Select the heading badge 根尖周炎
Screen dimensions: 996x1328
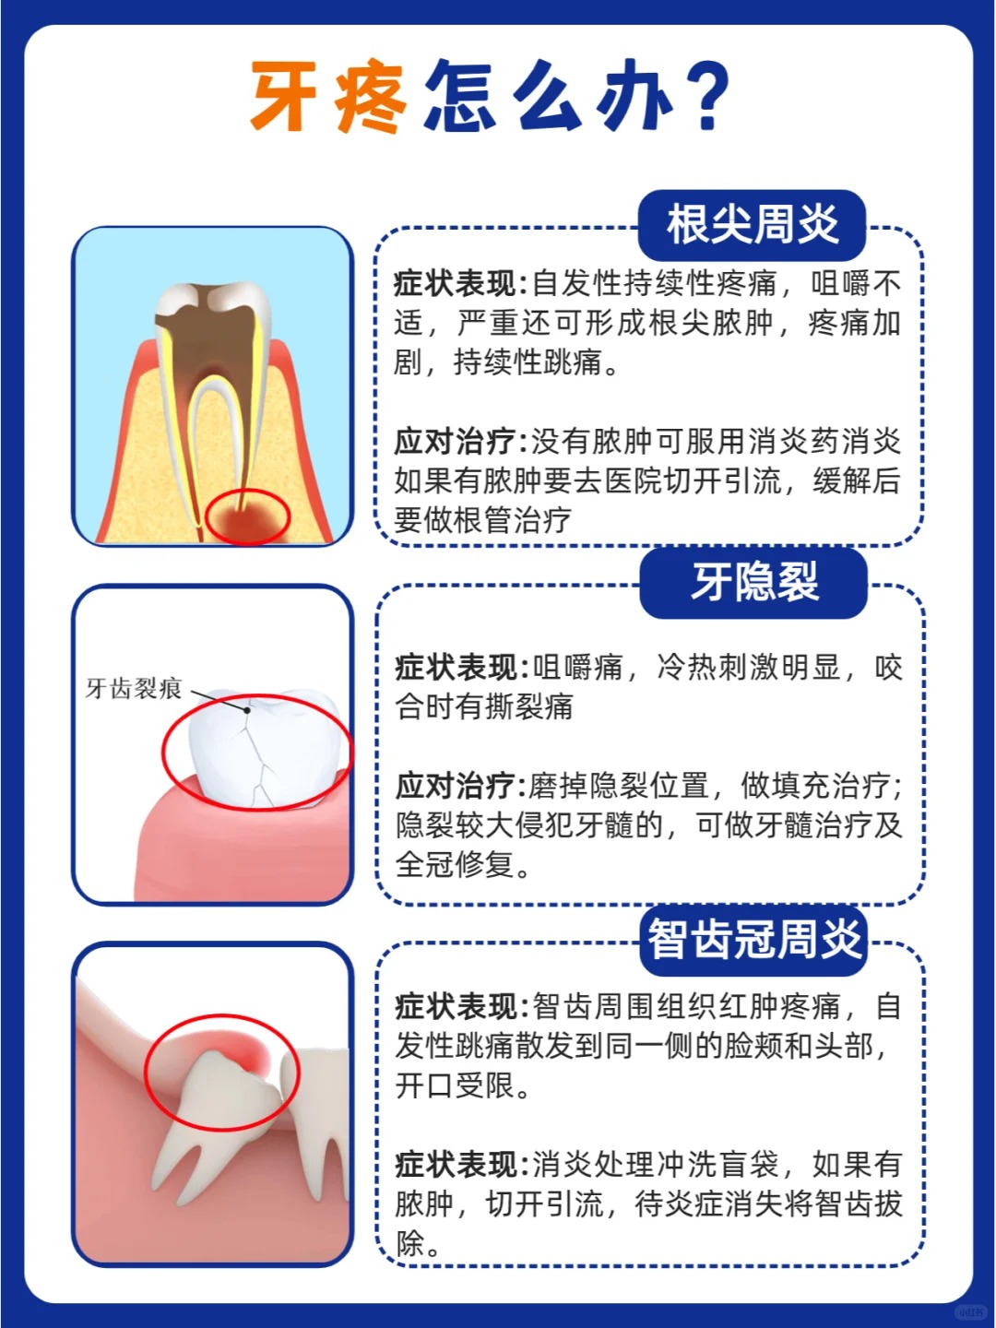752,224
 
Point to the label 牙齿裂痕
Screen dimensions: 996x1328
134,689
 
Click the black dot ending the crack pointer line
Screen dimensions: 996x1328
247,710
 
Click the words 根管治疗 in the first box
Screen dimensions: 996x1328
513,520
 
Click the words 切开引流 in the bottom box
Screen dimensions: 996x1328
545,1204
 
